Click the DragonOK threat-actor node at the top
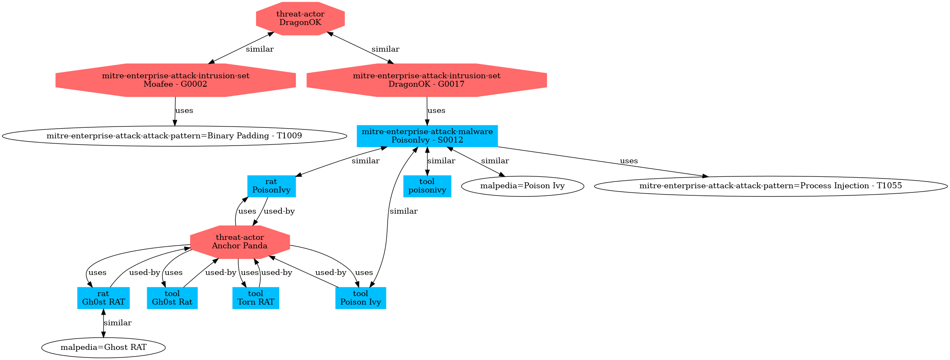pos(300,18)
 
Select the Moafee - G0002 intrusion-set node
pos(175,80)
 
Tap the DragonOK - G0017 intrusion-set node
pos(427,80)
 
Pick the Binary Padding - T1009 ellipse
pos(174,136)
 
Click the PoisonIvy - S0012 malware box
pos(427,136)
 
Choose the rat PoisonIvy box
pos(271,186)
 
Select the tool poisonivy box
pos(427,186)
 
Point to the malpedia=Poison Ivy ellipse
pos(522,186)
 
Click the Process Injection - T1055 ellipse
pos(771,186)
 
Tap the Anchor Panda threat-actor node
pos(240,242)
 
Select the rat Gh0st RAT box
pos(103,298)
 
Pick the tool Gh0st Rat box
pos(172,298)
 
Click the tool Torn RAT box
pos(256,298)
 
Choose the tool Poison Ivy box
pos(361,298)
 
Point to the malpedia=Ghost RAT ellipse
pos(103,347)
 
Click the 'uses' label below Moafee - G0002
pos(184,110)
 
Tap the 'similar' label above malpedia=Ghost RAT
pos(118,323)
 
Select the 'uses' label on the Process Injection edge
pos(629,161)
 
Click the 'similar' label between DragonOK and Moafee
pos(259,49)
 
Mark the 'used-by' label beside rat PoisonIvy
pos(279,211)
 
